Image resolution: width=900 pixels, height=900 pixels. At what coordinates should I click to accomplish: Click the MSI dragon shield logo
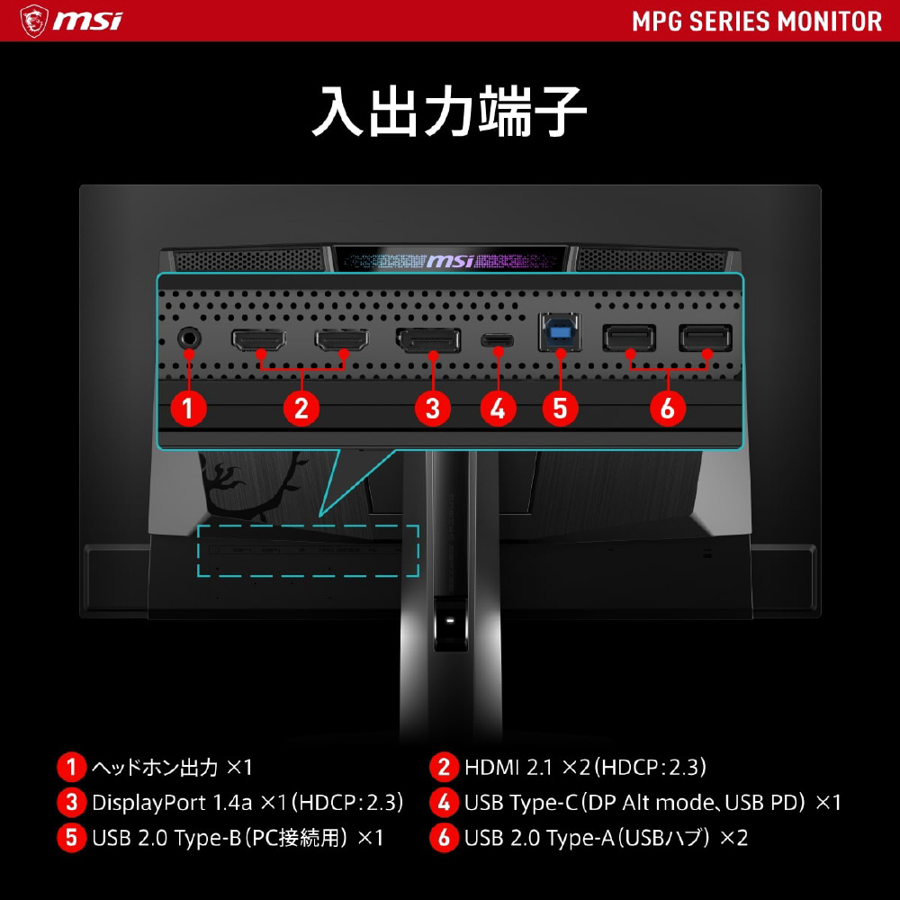point(34,20)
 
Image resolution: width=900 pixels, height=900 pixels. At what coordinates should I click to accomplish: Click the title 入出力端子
point(449,112)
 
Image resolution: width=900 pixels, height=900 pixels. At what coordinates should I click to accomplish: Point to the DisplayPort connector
point(428,341)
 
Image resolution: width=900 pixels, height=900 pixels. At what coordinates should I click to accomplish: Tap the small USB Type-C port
point(498,341)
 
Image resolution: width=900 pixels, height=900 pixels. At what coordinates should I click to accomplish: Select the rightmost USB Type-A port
point(706,338)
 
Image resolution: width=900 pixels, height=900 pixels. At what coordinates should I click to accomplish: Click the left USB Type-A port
point(630,338)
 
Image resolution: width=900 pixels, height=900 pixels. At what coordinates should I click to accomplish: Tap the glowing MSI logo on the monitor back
point(449,261)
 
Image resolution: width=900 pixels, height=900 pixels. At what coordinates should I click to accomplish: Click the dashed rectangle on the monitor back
point(309,550)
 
